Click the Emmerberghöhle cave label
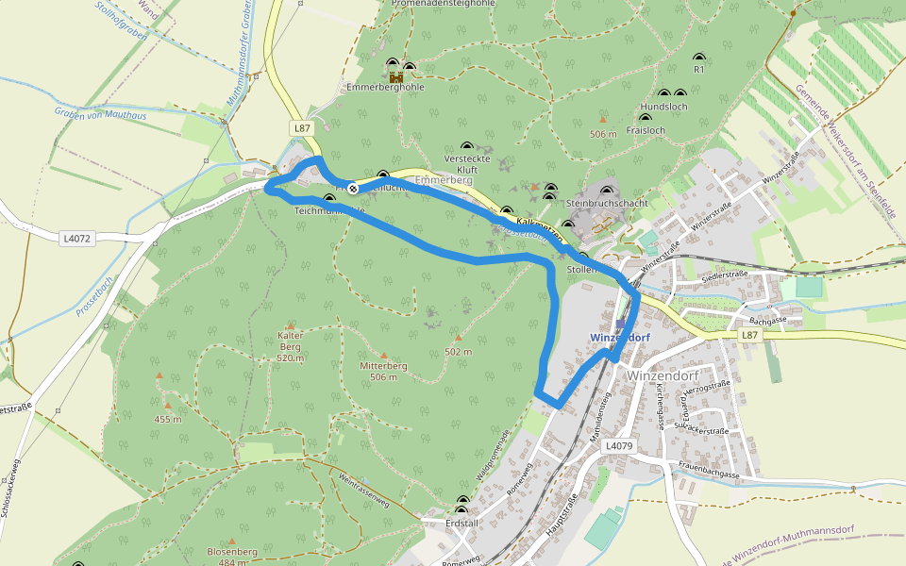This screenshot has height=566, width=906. pos(385,87)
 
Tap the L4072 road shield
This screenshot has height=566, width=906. pos(77,239)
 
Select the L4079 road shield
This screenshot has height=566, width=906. pos(619,445)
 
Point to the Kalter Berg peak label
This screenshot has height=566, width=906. pos(291,346)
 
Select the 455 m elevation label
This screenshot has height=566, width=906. pos(167,419)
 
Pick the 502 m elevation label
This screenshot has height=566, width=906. pos(458,352)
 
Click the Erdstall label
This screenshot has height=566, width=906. pos(462,523)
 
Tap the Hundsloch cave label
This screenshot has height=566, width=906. pos(663,107)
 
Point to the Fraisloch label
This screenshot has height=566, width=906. pos(646,130)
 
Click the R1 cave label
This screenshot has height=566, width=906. pos(699,70)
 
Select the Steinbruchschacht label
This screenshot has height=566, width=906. pos(607,203)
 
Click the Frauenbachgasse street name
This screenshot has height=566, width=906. pos(709,474)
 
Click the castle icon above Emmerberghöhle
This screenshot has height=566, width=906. pos(396,75)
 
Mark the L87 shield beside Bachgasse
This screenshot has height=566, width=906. pos(749,335)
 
